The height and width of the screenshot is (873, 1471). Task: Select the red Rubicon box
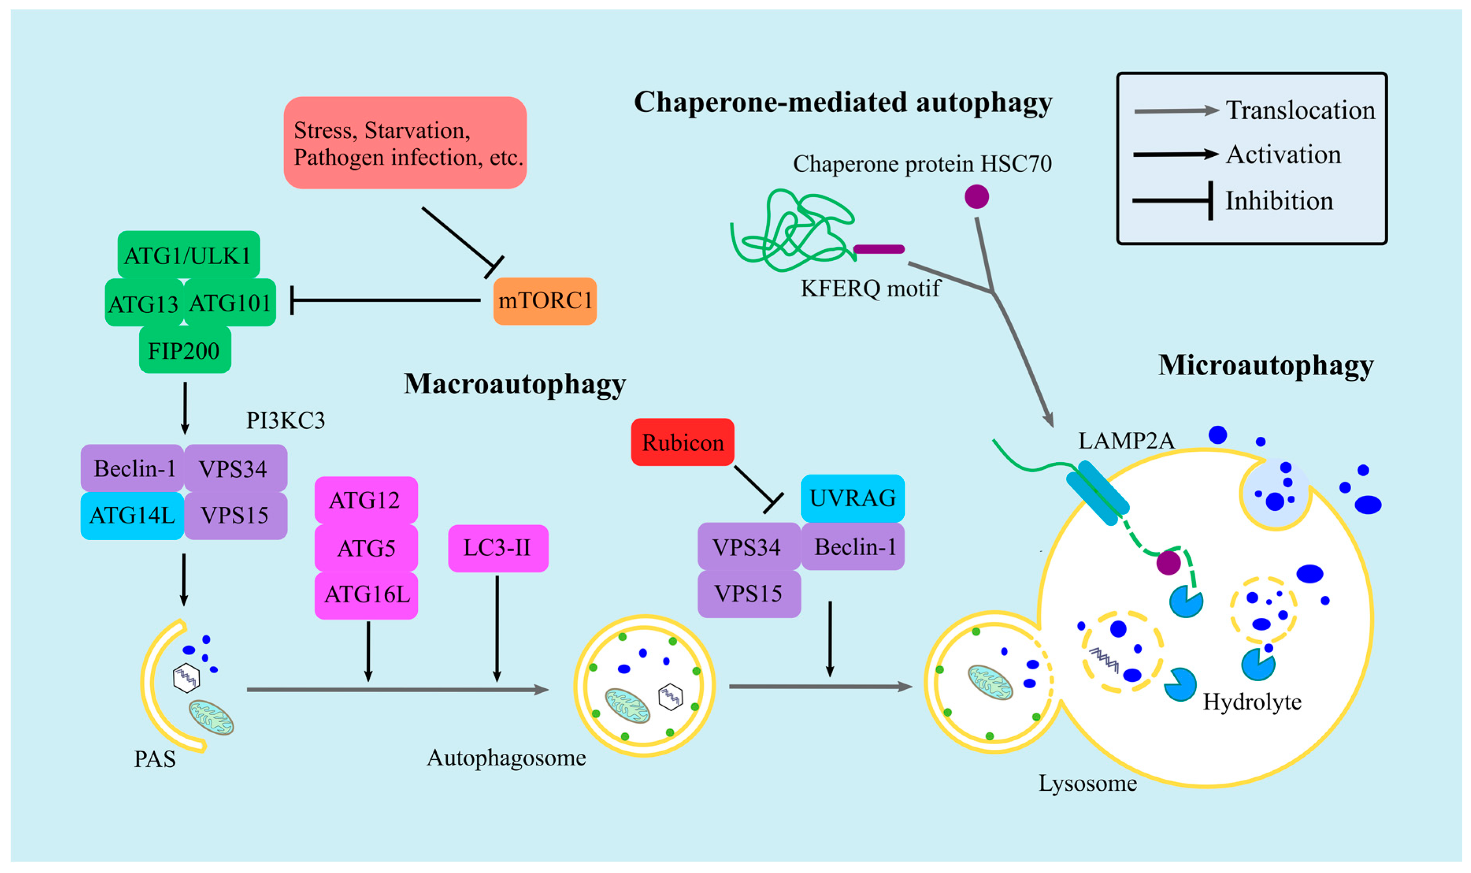click(x=682, y=442)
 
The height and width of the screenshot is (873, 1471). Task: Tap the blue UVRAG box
click(x=853, y=498)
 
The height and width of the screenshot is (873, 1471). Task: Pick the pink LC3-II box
click(x=498, y=548)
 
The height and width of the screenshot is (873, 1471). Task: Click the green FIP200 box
click(x=185, y=350)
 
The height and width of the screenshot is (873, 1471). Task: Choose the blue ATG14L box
click(x=132, y=516)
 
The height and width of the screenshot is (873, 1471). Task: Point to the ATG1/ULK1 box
click(x=188, y=255)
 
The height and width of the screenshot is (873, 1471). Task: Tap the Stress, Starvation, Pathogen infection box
click(x=405, y=143)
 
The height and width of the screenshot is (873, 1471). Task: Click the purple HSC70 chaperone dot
click(x=977, y=196)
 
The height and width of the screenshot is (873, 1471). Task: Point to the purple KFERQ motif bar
click(x=879, y=249)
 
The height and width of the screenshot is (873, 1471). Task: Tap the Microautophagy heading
click(x=1266, y=366)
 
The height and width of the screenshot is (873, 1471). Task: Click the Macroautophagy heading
click(x=515, y=385)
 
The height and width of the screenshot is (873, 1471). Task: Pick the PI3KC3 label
click(x=285, y=421)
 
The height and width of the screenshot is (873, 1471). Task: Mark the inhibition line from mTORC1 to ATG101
click(x=386, y=300)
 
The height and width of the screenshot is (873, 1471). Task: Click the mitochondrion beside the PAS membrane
click(x=211, y=717)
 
